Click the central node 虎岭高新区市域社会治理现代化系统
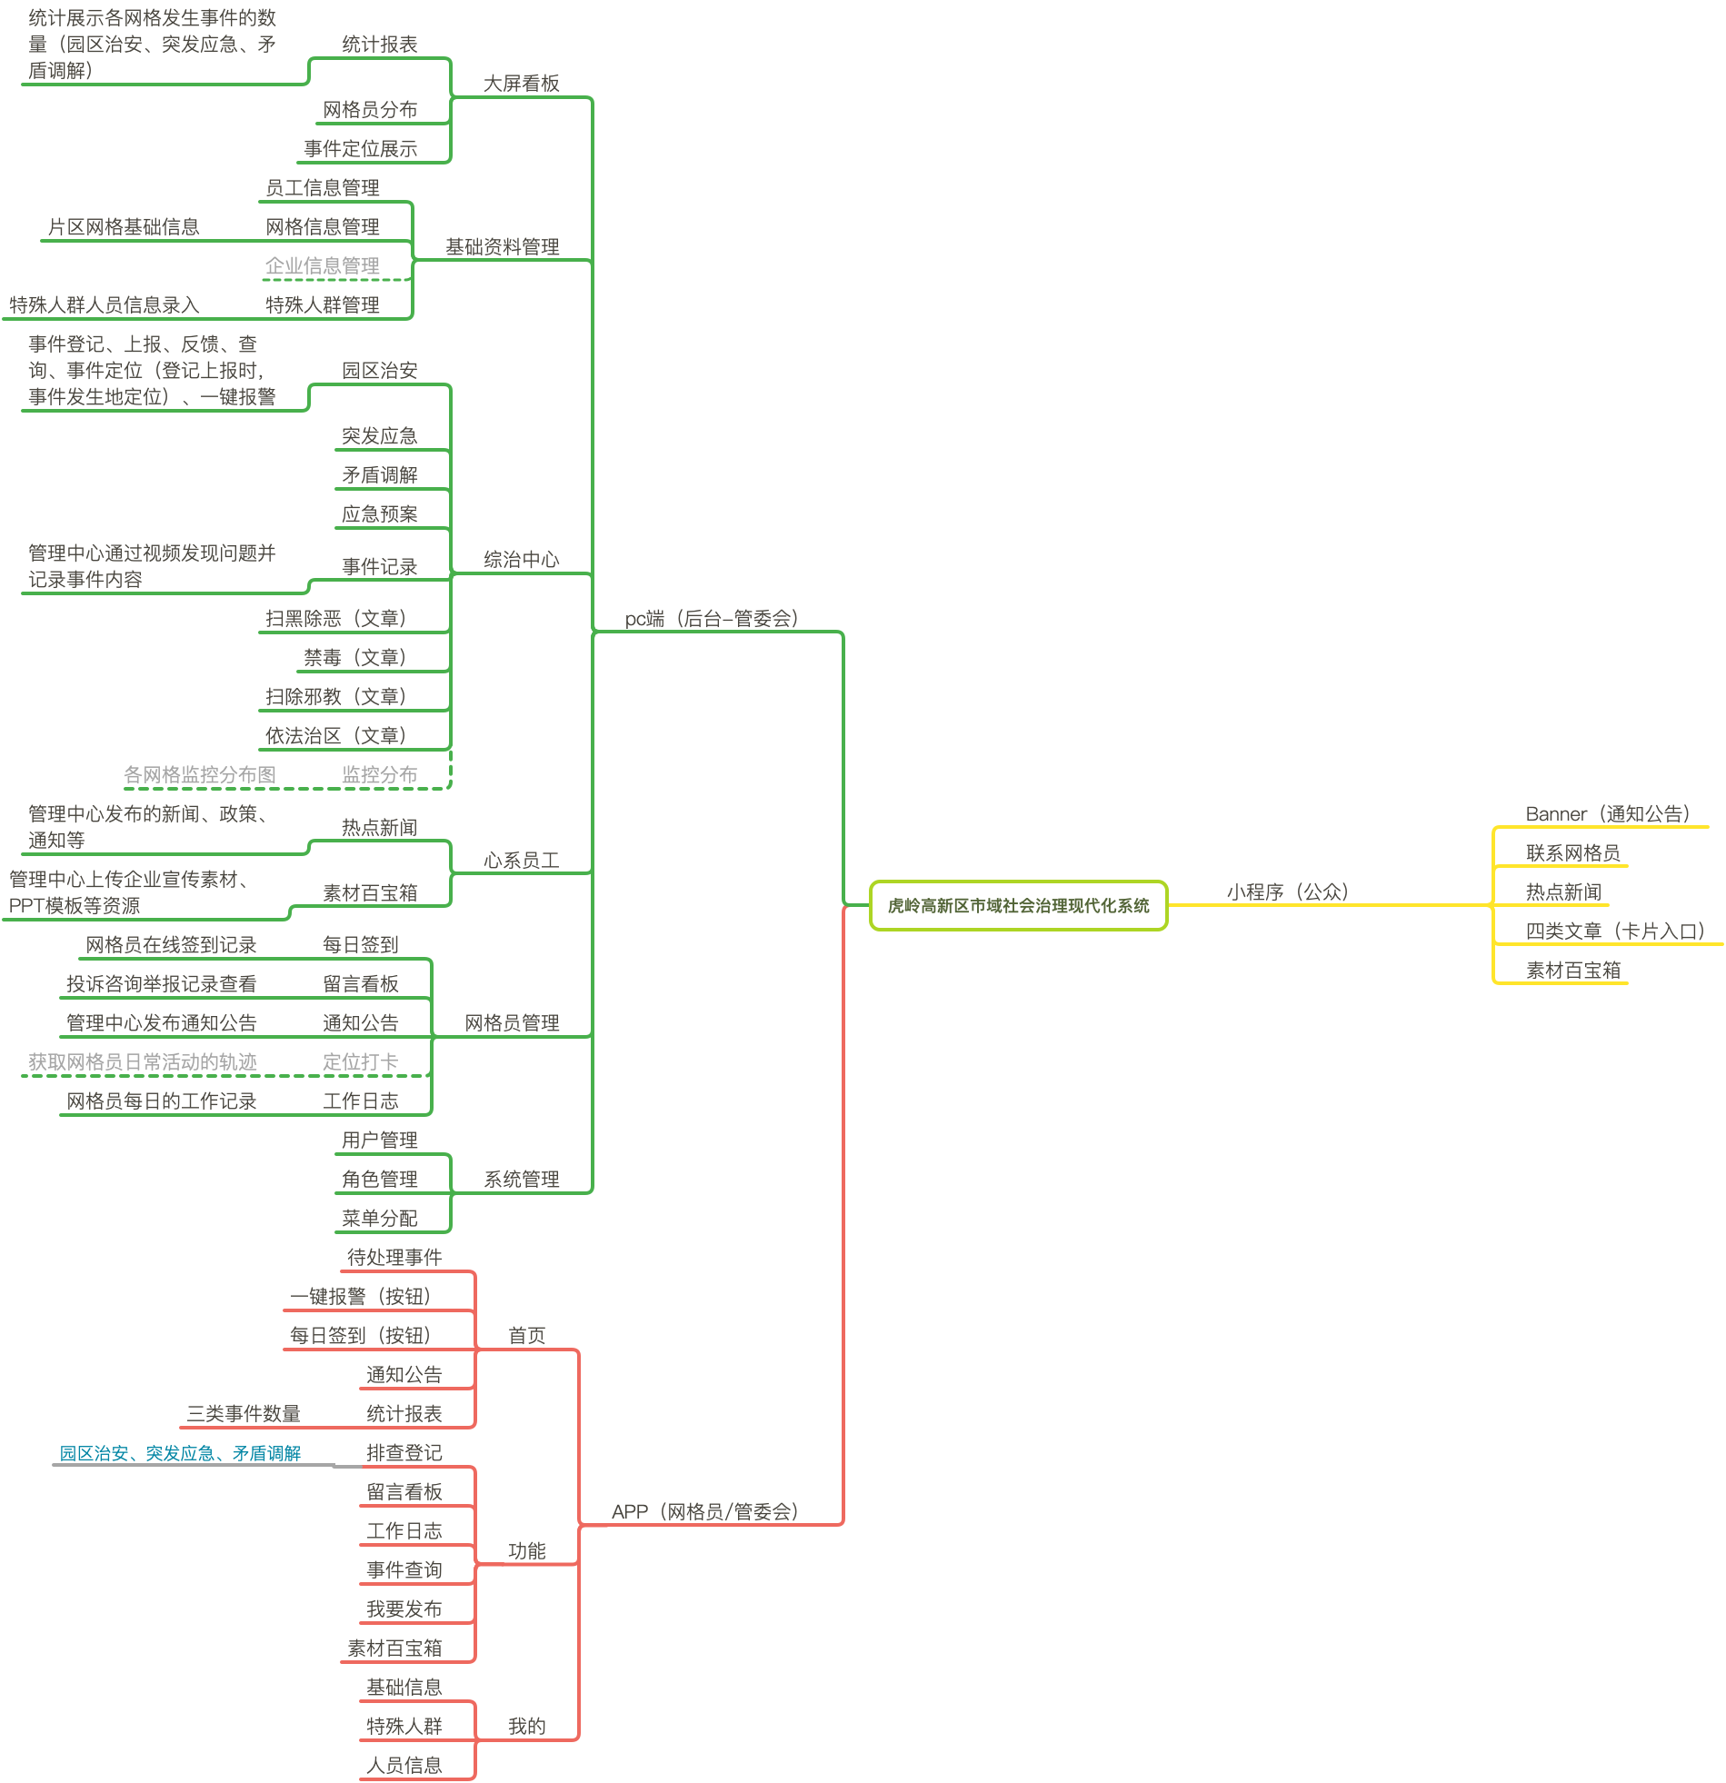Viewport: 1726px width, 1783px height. pyautogui.click(x=1017, y=905)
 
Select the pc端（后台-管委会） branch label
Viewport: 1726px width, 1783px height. pyautogui.click(x=711, y=619)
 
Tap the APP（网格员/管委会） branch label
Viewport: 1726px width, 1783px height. pyautogui.click(x=704, y=1511)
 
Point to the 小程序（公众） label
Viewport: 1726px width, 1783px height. pyautogui.click(x=1286, y=891)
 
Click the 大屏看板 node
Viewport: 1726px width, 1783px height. pyautogui.click(x=521, y=84)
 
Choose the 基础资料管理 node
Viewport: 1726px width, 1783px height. pyautogui.click(x=502, y=246)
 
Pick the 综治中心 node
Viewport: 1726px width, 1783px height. pyautogui.click(x=521, y=560)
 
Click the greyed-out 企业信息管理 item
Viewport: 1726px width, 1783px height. pyautogui.click(x=322, y=265)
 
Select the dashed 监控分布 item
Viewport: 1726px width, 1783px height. pyautogui.click(x=379, y=774)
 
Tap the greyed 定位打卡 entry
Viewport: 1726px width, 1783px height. pyautogui.click(x=360, y=1061)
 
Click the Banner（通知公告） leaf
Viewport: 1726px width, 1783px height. pyautogui.click(x=1607, y=813)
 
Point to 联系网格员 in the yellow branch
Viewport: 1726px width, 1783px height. pyautogui.click(x=1572, y=852)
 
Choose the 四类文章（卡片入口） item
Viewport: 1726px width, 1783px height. pyautogui.click(x=1614, y=931)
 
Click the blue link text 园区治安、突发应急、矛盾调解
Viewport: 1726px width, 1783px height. pyautogui.click(x=180, y=1453)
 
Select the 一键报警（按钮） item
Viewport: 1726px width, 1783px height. pyautogui.click(x=359, y=1296)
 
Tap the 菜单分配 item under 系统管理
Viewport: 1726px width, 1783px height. pyautogui.click(x=379, y=1218)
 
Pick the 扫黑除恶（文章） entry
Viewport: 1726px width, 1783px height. pyautogui.click(x=334, y=619)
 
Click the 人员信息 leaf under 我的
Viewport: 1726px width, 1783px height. pyautogui.click(x=404, y=1765)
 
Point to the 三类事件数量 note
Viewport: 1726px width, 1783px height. pyautogui.click(x=243, y=1414)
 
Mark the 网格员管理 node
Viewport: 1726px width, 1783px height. pyautogui.click(x=512, y=1022)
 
